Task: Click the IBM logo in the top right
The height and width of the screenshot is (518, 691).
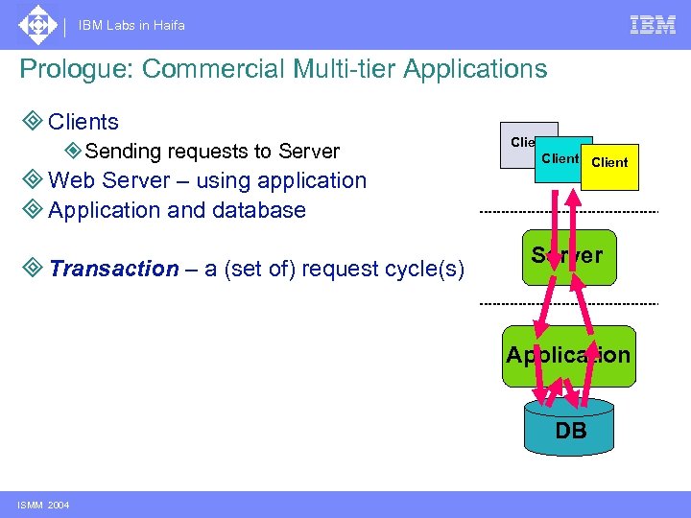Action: [x=653, y=25]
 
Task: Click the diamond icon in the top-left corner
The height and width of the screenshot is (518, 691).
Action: [x=37, y=25]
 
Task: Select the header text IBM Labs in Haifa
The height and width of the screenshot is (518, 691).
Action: [x=132, y=26]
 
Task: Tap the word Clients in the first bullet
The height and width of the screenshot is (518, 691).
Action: [x=83, y=122]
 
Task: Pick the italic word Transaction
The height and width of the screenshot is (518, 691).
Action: [x=113, y=269]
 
